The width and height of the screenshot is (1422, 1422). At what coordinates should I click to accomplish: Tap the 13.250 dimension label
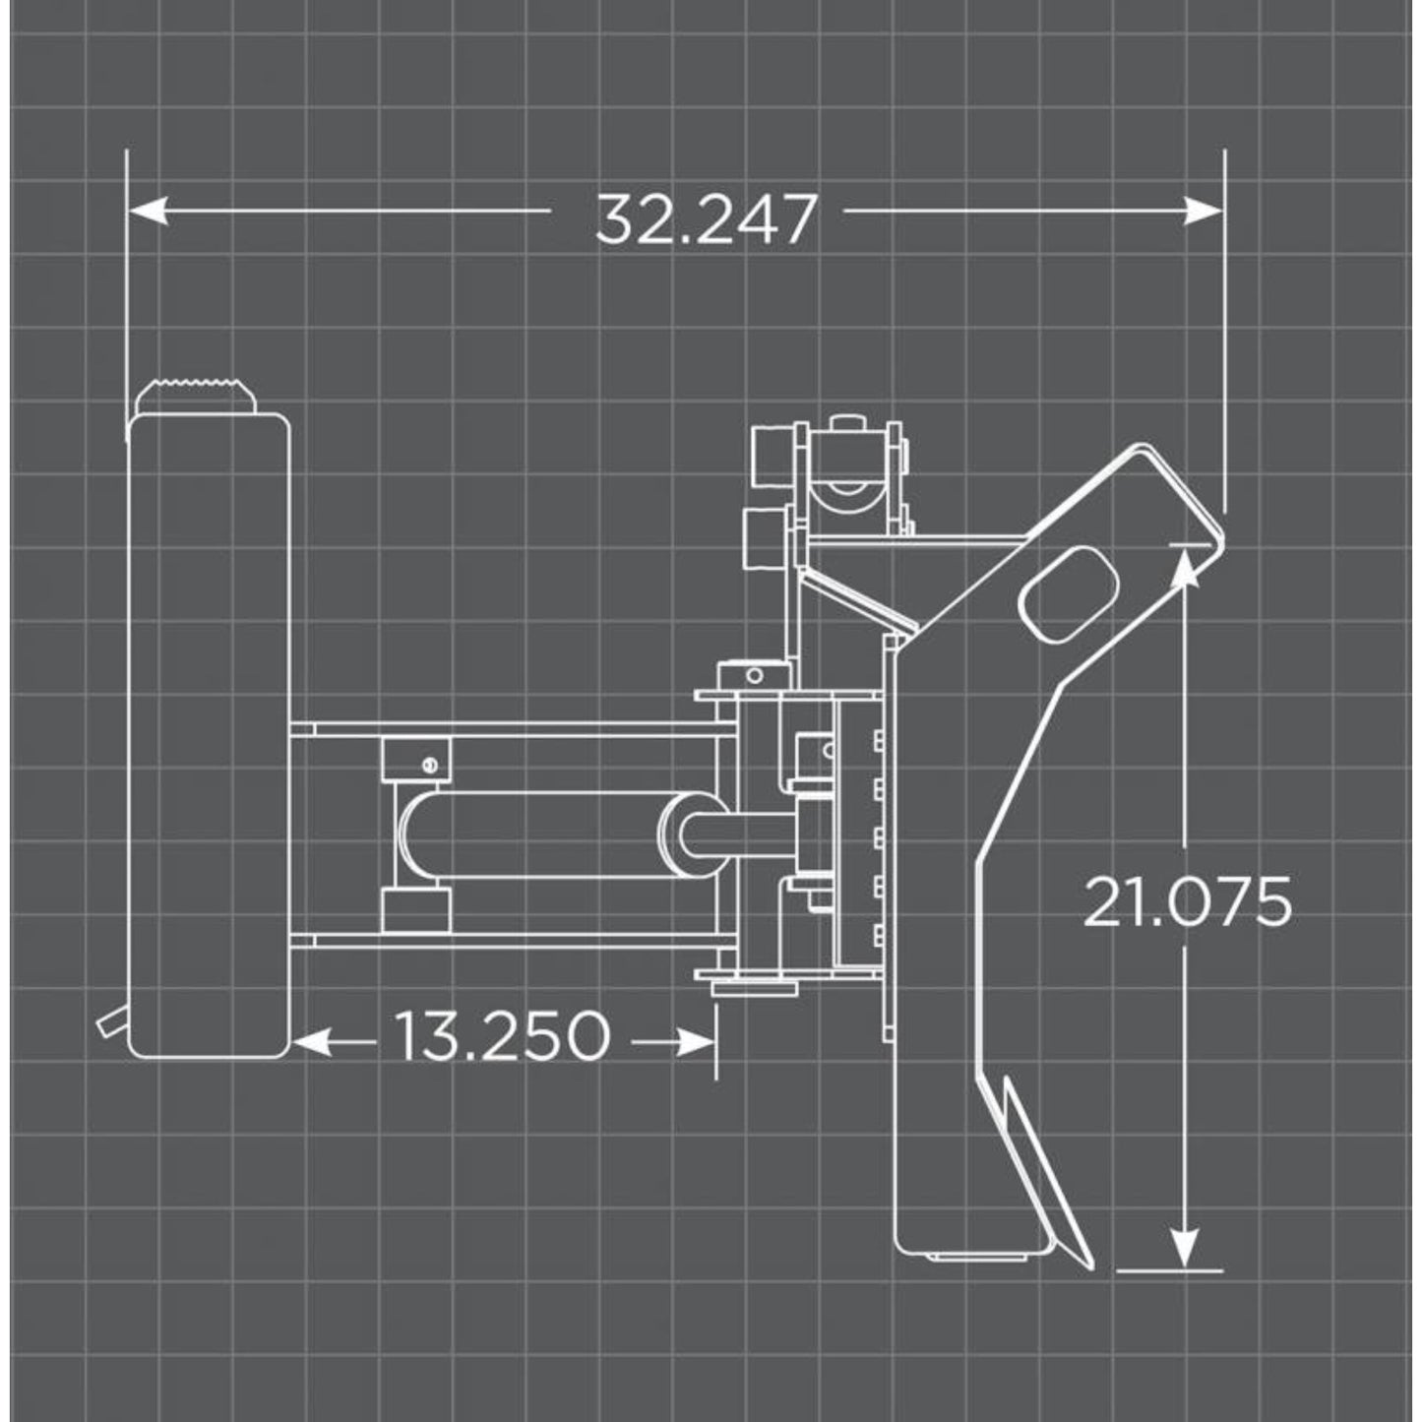pyautogui.click(x=502, y=1036)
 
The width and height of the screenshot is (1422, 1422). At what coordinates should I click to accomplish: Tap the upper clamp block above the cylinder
pyautogui.click(x=414, y=759)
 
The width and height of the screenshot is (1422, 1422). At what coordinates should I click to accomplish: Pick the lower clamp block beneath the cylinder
pyautogui.click(x=414, y=908)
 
